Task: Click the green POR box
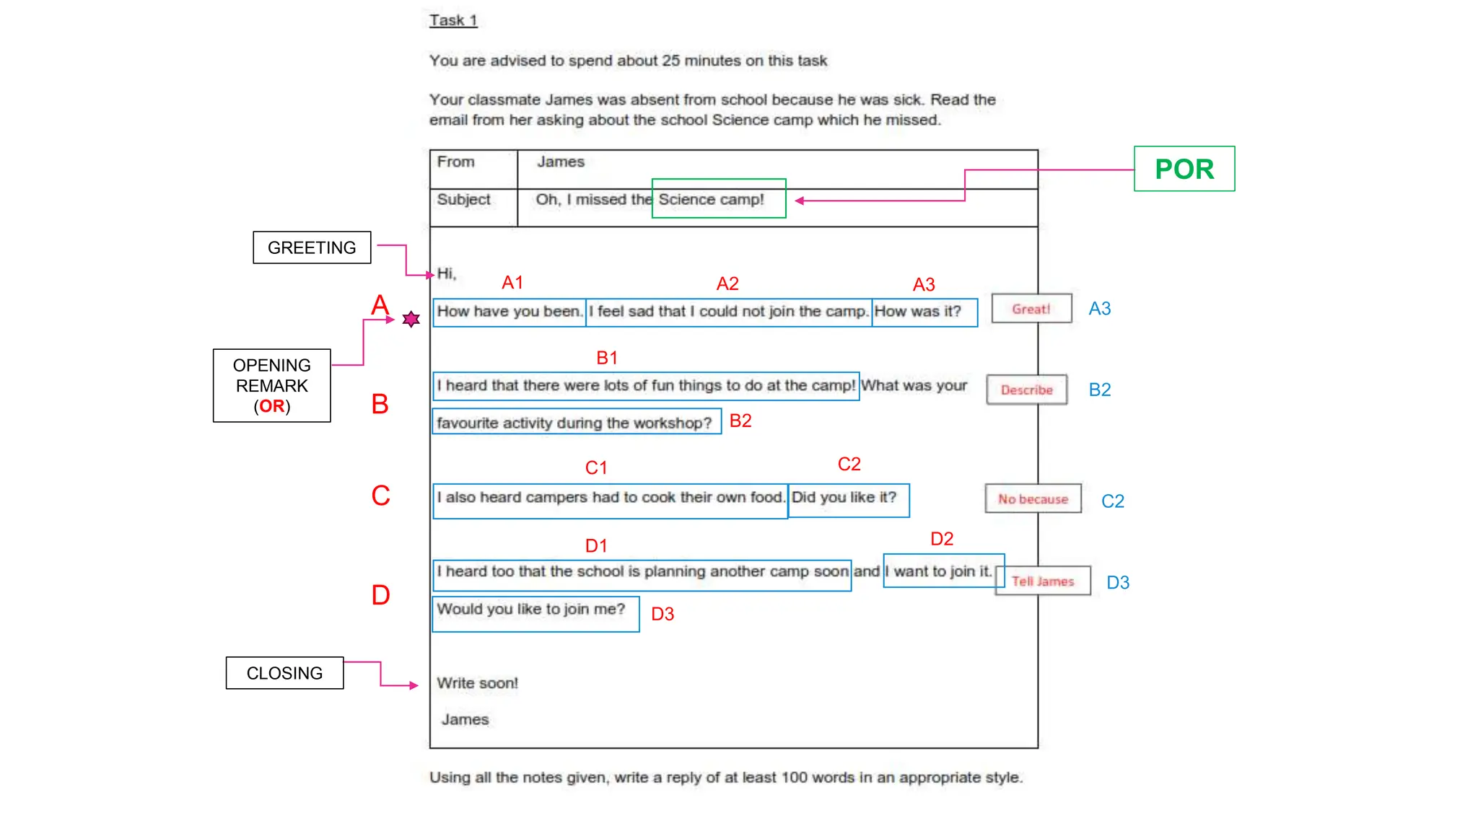[x=1184, y=169]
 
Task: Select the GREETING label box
[x=312, y=247]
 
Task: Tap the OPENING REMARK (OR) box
[x=271, y=385]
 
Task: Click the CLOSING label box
[x=284, y=673]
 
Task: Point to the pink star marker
[x=411, y=319]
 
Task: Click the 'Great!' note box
[x=1031, y=309]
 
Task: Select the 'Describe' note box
[x=1026, y=390]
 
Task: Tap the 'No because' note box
[x=1033, y=498]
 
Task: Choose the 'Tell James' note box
[x=1043, y=581]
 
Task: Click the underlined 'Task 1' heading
[x=453, y=20]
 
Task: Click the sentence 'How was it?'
[x=918, y=312]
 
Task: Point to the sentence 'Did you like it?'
[x=844, y=497]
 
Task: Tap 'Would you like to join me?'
[x=530, y=609]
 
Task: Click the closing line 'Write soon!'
[x=477, y=682]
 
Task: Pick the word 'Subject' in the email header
[x=463, y=199]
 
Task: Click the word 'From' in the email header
[x=455, y=162]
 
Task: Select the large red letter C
[x=380, y=496]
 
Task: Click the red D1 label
[x=596, y=546]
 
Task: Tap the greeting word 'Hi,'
[x=447, y=273]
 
